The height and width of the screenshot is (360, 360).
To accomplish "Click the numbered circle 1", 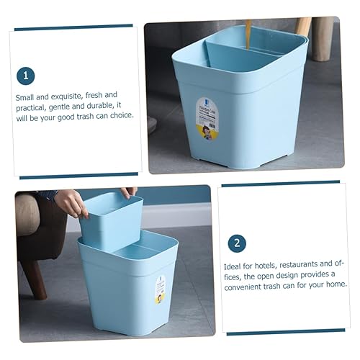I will (x=26, y=76).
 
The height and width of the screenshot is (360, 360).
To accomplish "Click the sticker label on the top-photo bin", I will (x=207, y=119).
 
